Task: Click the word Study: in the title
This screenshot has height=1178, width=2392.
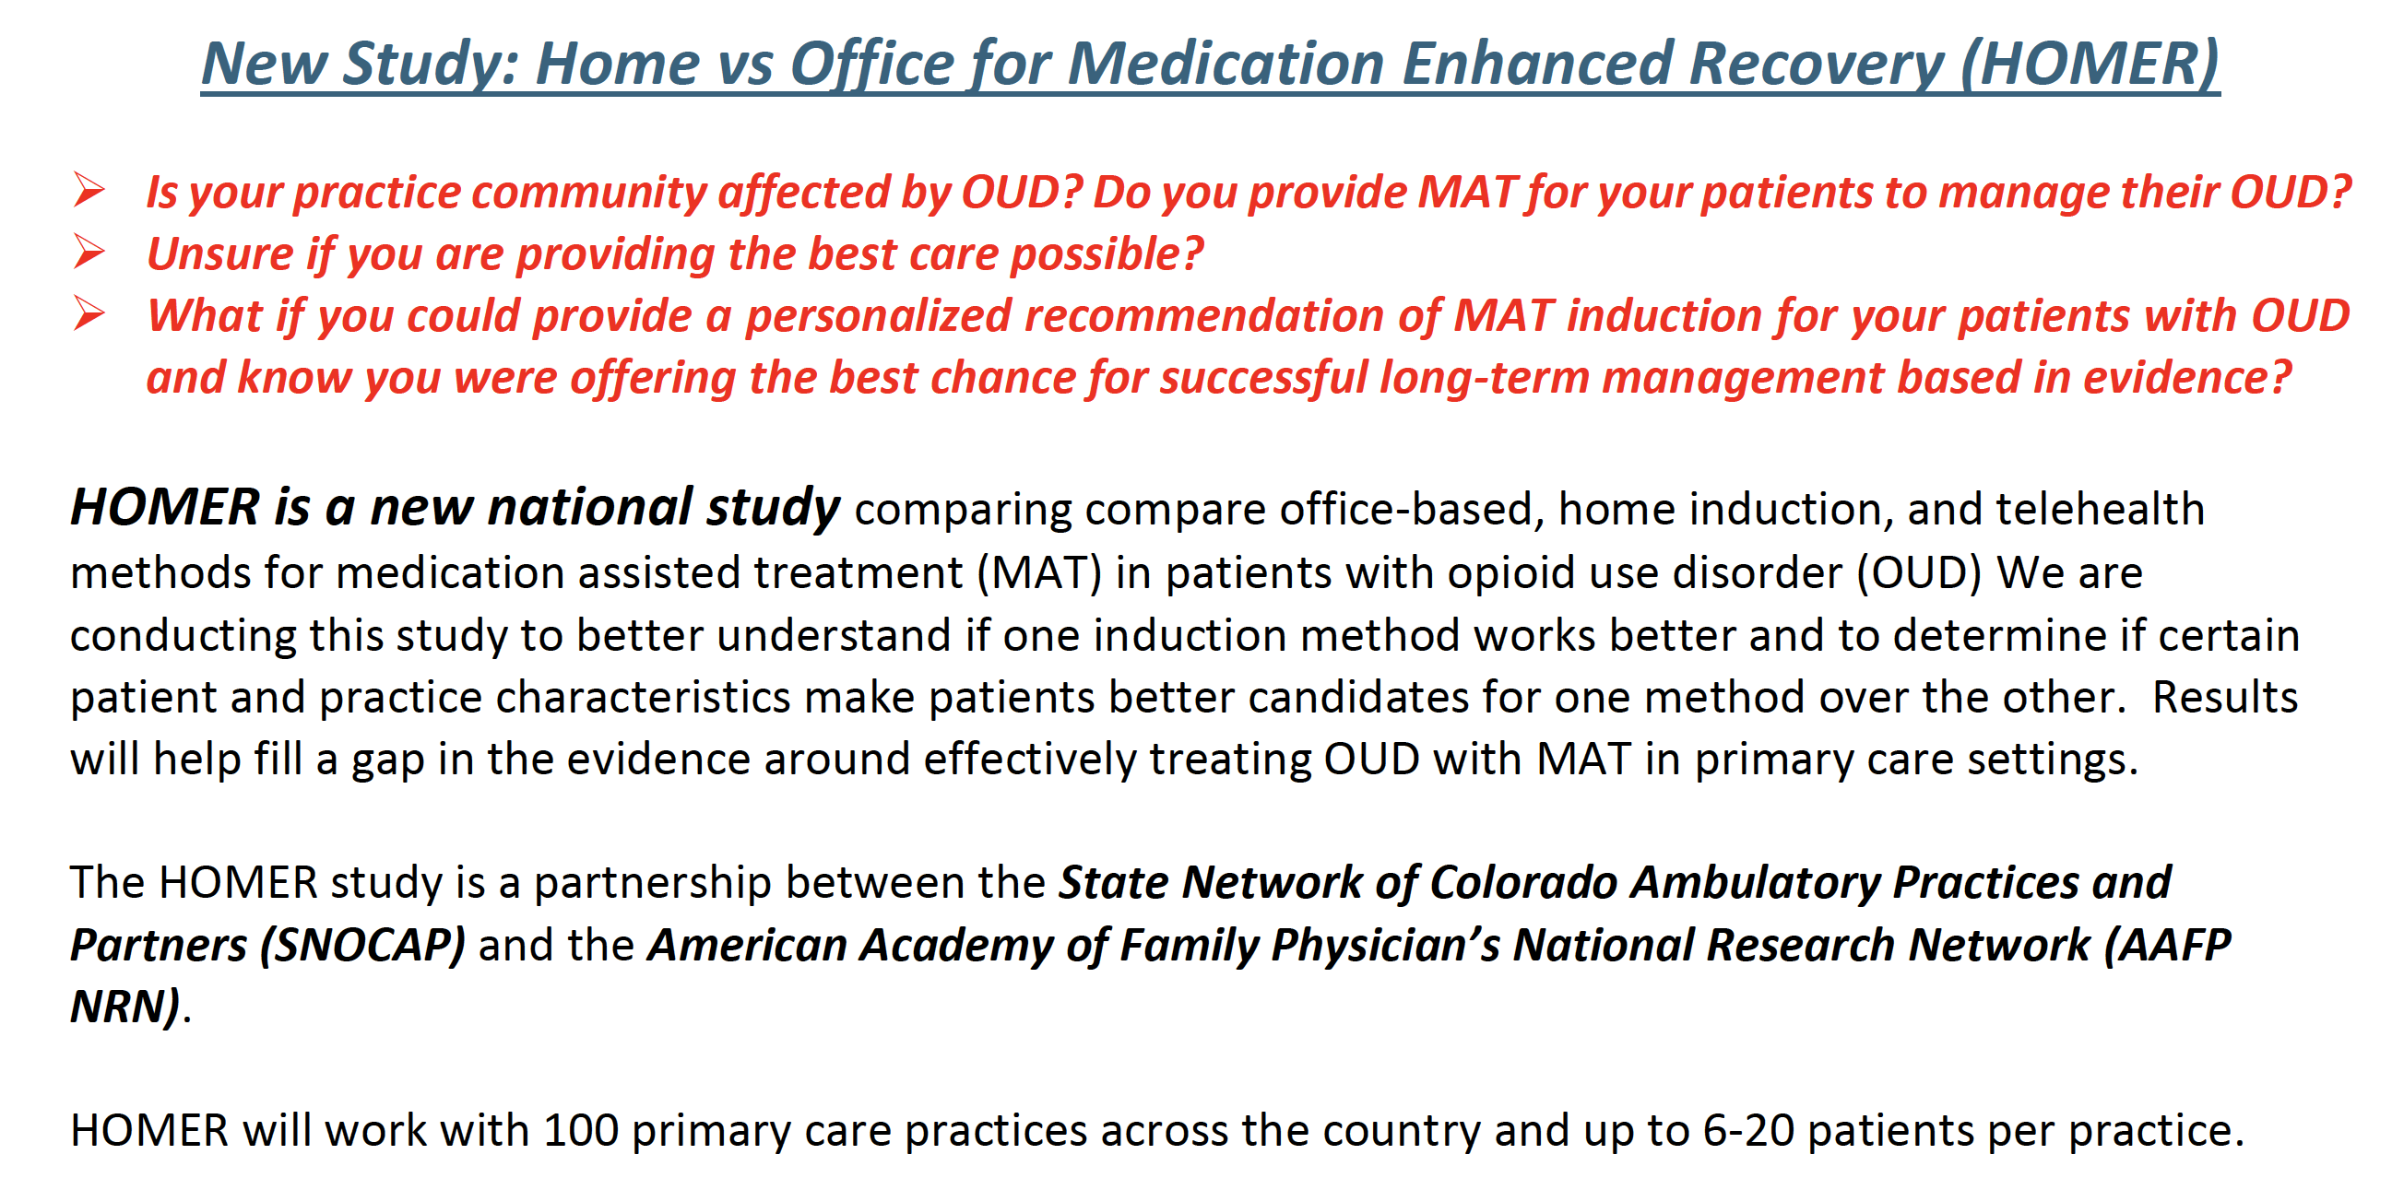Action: point(431,65)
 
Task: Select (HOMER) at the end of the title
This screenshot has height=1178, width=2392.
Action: point(2090,65)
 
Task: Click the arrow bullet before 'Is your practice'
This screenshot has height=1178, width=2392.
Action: point(89,189)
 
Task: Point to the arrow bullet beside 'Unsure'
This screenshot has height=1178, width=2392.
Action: point(89,252)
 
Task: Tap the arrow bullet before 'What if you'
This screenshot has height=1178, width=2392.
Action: point(89,313)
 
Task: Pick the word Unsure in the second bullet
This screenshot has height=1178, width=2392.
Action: point(220,253)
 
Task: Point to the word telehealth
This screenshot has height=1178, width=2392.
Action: point(2100,509)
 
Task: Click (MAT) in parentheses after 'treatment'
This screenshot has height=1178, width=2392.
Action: point(1039,572)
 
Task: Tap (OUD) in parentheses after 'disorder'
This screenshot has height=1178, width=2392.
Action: point(1919,572)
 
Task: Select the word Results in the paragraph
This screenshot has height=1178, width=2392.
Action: point(2225,697)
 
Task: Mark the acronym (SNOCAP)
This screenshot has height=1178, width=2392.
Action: point(362,945)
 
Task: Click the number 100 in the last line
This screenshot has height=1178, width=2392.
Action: point(580,1131)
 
